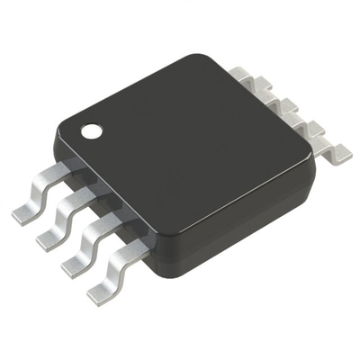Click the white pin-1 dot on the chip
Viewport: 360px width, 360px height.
pyautogui.click(x=93, y=131)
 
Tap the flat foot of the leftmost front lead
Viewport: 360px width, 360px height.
pyautogui.click(x=24, y=213)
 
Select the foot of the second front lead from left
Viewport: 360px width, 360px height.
pyautogui.click(x=49, y=238)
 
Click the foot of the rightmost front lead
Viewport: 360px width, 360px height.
pyautogui.click(x=102, y=292)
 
